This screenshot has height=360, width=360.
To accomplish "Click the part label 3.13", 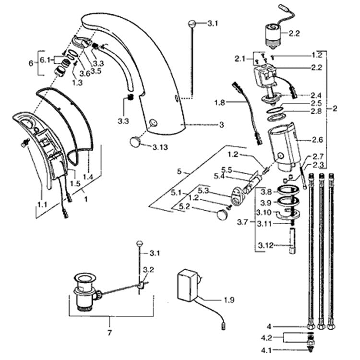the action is [x=160, y=147].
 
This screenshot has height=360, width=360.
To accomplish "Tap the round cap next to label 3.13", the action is [x=135, y=141].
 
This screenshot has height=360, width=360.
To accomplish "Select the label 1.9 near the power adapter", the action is [x=229, y=300].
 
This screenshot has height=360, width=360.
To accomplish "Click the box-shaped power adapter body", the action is [x=187, y=285].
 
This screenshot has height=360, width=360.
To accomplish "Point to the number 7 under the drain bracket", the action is [x=109, y=333].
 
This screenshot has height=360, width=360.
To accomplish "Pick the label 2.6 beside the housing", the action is [x=317, y=139].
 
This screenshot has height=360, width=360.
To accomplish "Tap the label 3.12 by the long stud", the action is [x=265, y=245].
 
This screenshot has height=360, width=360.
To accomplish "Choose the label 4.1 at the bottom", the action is [x=266, y=350].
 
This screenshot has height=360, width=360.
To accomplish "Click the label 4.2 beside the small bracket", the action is [x=266, y=338].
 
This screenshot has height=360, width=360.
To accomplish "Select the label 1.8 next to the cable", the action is [x=219, y=103].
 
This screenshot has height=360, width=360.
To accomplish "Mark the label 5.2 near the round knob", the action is [x=184, y=206].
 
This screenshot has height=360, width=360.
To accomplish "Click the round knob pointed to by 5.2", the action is [x=222, y=215].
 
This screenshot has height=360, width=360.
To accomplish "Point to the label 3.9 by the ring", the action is [x=266, y=203].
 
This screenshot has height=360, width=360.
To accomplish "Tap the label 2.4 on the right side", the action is [x=316, y=95].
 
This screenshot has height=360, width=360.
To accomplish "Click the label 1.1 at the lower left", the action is [x=42, y=204].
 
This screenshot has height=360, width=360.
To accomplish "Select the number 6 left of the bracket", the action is [x=31, y=63].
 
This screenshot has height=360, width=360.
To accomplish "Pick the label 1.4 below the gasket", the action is [x=88, y=177].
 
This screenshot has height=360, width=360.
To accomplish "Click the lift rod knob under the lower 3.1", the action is [x=140, y=243].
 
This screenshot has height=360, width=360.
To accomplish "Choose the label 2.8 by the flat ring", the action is [x=316, y=111].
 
